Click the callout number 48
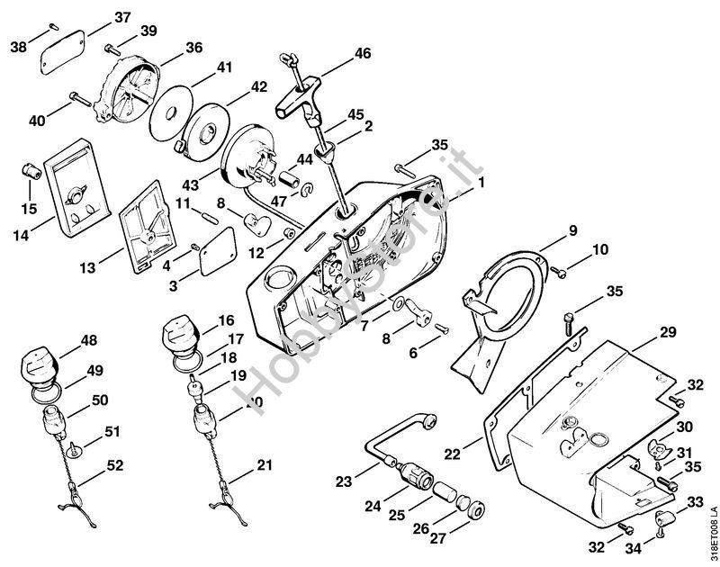[89, 340]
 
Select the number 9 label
[572, 231]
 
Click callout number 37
[122, 17]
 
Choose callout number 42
[259, 86]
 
